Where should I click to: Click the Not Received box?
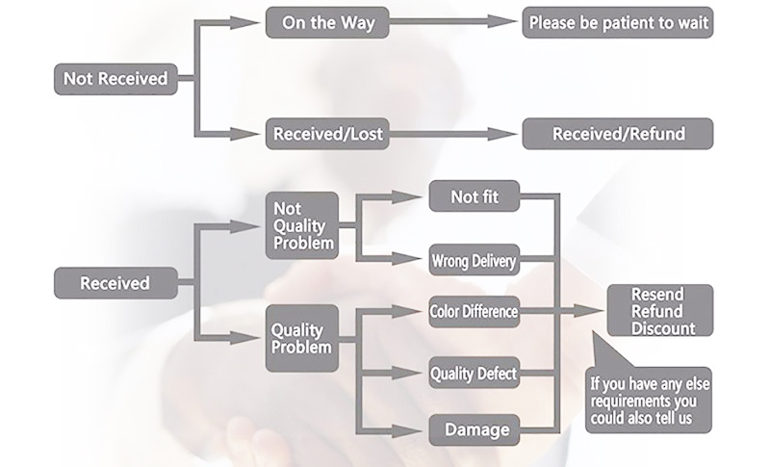(x=115, y=79)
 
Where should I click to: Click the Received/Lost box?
(x=328, y=134)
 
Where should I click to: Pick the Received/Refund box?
(x=617, y=134)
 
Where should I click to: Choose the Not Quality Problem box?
(x=302, y=225)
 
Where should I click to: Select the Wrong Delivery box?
(x=474, y=260)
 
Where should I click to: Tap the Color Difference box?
(x=474, y=311)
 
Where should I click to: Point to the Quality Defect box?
(x=474, y=373)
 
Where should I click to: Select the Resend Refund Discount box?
(x=658, y=311)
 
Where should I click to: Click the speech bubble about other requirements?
(x=650, y=400)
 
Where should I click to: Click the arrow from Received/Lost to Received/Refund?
(x=452, y=134)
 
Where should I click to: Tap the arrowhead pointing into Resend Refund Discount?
(x=595, y=311)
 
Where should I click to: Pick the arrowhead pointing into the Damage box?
(x=416, y=428)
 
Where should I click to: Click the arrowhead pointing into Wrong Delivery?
(x=416, y=260)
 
